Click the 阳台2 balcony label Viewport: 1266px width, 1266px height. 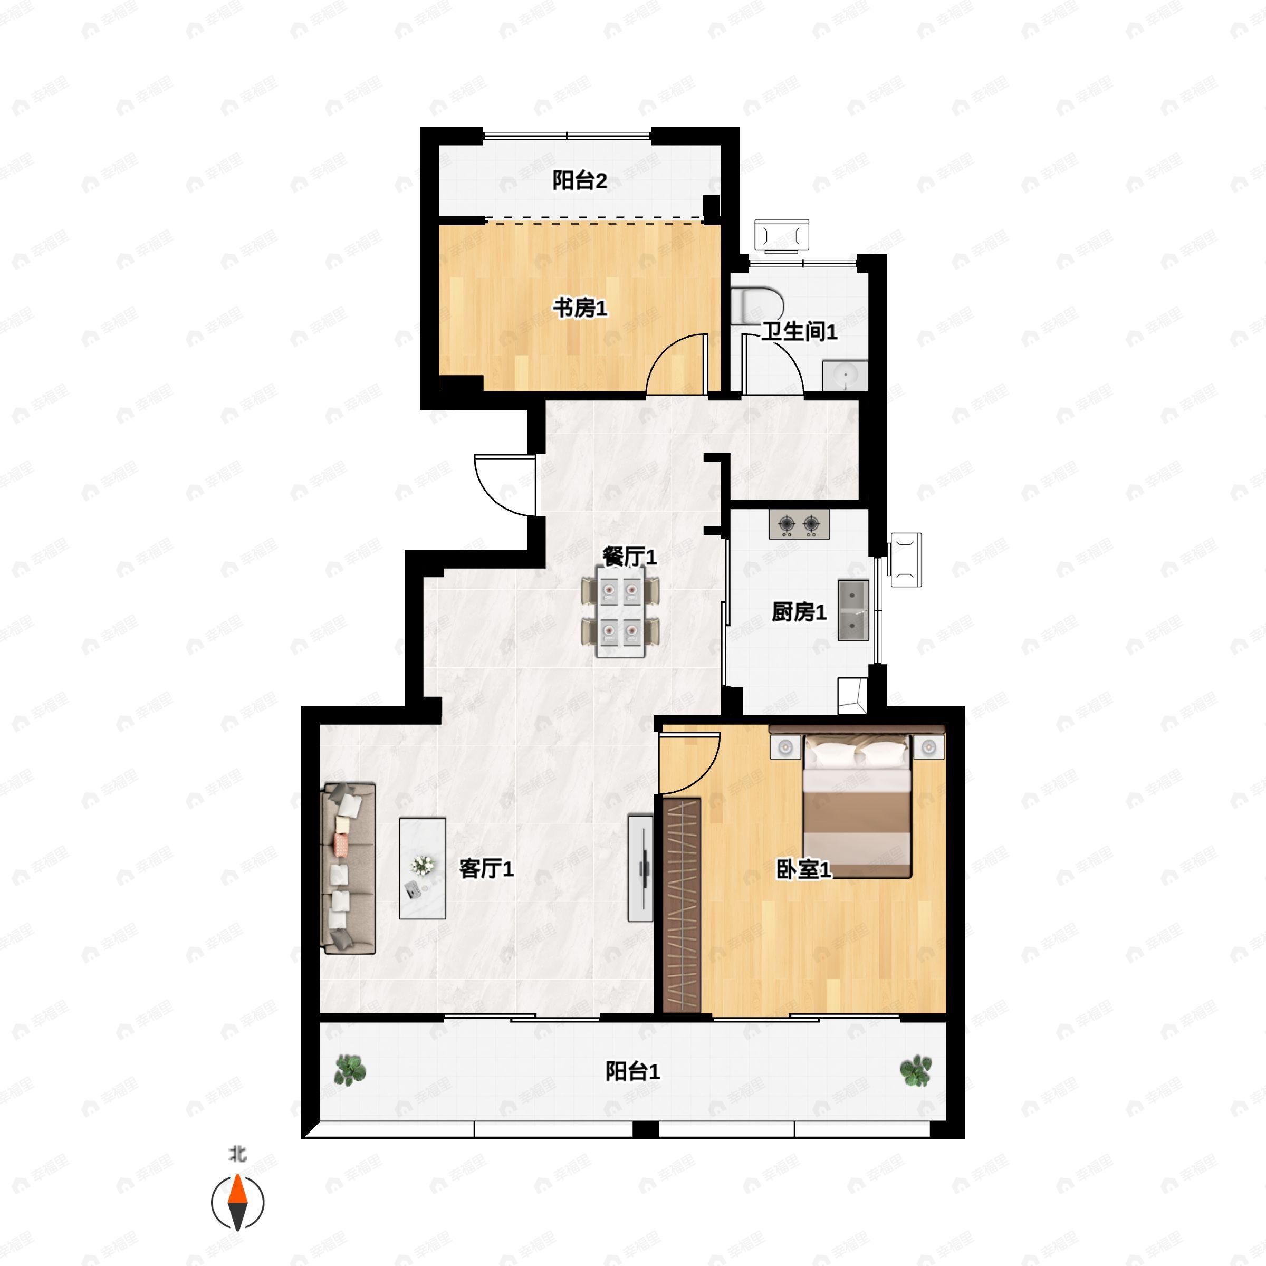point(579,180)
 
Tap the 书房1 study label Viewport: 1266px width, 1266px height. point(580,308)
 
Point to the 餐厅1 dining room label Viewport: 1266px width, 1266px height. point(629,557)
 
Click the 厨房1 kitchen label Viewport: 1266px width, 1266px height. point(799,612)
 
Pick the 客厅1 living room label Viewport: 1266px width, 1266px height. point(486,869)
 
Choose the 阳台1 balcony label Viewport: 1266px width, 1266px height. point(632,1072)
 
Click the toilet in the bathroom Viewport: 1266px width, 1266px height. point(757,305)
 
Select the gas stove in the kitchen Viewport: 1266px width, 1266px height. point(799,524)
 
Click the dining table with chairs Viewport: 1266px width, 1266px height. point(620,611)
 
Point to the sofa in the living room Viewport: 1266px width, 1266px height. point(348,868)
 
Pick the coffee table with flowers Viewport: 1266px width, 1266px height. point(423,868)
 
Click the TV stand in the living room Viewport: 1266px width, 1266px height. point(640,868)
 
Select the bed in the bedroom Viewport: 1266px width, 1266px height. point(857,806)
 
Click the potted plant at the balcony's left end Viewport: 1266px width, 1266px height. point(350,1071)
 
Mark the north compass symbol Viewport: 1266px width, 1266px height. point(237,1203)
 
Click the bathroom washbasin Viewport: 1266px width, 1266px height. point(845,376)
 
